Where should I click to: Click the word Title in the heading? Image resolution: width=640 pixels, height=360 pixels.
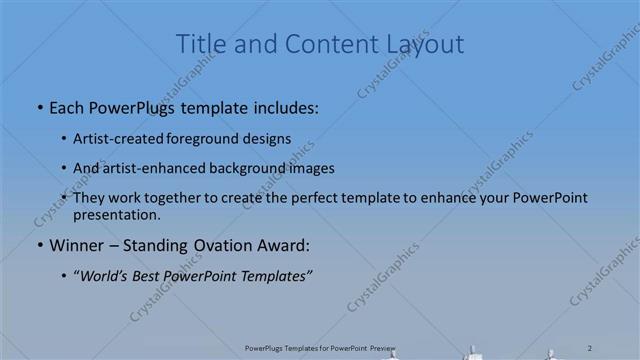(199, 44)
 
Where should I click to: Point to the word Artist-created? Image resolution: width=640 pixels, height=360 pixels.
(114, 138)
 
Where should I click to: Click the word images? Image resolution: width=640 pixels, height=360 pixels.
(311, 168)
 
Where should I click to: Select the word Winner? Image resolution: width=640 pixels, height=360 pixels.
(77, 244)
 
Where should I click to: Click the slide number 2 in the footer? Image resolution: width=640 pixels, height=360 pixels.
(591, 347)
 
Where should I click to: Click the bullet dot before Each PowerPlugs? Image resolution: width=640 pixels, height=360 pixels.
(39, 107)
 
